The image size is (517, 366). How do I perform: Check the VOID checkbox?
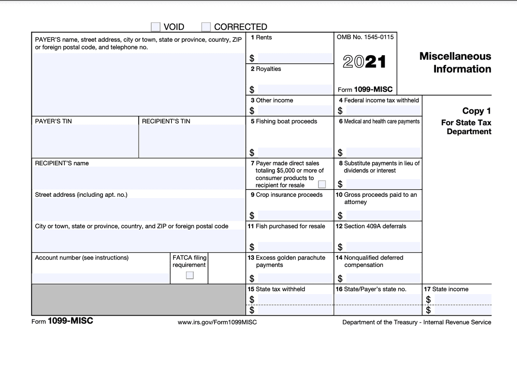[x=156, y=27]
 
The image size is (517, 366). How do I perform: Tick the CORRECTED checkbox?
[x=206, y=27]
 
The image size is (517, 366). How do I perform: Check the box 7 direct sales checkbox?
[x=321, y=185]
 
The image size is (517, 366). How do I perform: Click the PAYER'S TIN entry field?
[x=85, y=142]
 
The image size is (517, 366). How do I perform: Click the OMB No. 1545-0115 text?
[x=365, y=37]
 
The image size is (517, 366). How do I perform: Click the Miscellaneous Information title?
[x=455, y=62]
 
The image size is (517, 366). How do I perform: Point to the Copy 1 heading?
[x=476, y=111]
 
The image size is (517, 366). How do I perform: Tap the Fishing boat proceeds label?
[x=283, y=121]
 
